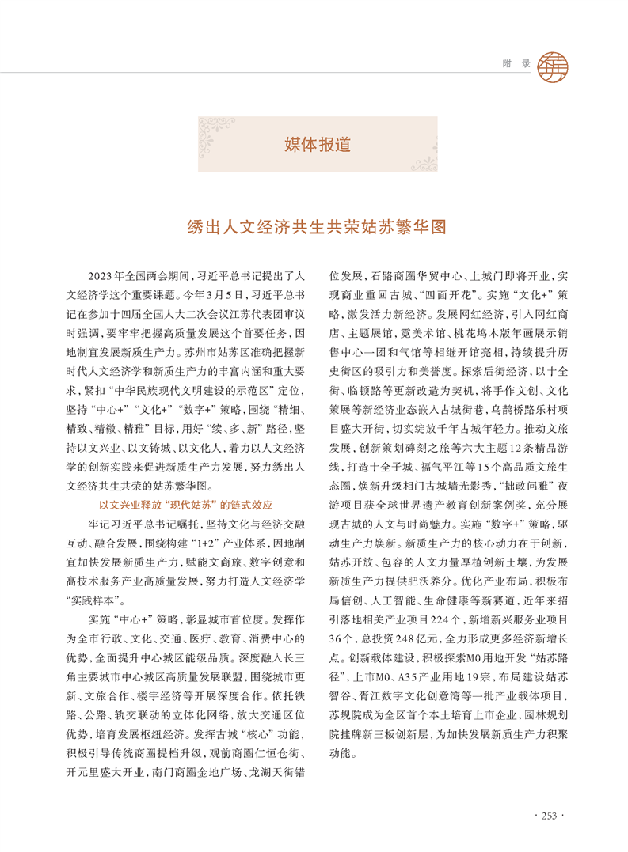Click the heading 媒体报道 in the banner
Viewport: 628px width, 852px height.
tap(318, 145)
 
